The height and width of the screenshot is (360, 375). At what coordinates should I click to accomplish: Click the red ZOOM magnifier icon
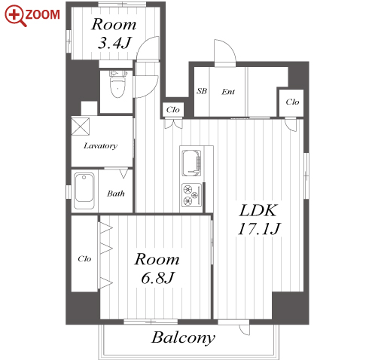point(15,16)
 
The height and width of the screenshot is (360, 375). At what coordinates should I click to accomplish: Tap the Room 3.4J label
point(114,34)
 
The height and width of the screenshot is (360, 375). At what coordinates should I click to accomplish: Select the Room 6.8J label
point(157,268)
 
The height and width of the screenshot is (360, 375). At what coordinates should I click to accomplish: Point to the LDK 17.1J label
point(258,219)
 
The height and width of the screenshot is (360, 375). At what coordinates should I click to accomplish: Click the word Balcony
point(183,337)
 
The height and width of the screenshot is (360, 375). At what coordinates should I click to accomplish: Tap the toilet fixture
point(117,84)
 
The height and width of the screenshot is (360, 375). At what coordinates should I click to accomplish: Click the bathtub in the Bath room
point(84,191)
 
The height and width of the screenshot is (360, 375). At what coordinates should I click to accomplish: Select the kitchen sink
point(191,163)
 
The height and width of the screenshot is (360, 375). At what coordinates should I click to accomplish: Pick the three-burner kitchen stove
point(192,195)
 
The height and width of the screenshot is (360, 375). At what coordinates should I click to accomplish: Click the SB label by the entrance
point(202,91)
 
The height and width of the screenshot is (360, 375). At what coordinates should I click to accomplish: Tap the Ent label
point(228,92)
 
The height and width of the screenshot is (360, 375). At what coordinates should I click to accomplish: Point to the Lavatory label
point(100,146)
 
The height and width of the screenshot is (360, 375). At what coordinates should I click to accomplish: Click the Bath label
point(116,194)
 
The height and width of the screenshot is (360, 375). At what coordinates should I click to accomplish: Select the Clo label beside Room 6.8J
point(84,259)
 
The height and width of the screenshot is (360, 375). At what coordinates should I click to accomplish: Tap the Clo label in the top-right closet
point(292,102)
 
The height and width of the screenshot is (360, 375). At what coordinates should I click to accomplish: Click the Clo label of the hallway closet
point(173,110)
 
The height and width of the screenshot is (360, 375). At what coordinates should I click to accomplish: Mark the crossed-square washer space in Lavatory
point(81,127)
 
